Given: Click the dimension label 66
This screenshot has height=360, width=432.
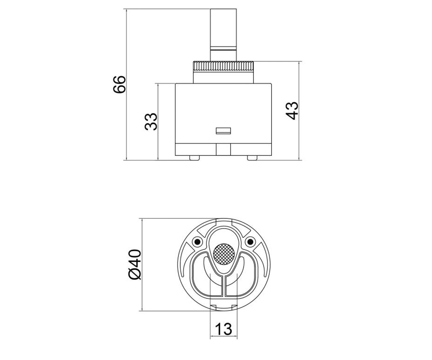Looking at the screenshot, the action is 120,84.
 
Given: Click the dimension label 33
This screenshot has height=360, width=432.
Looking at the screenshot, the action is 151,122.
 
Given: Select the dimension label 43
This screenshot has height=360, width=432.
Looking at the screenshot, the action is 292,111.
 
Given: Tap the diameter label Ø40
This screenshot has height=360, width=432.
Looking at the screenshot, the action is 135,265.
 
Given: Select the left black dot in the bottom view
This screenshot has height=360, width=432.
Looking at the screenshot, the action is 197,242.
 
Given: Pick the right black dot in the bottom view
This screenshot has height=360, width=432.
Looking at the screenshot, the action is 250,242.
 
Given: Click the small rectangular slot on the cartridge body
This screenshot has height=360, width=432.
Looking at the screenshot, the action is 223,131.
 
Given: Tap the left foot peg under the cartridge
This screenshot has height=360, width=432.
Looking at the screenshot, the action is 194,158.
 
